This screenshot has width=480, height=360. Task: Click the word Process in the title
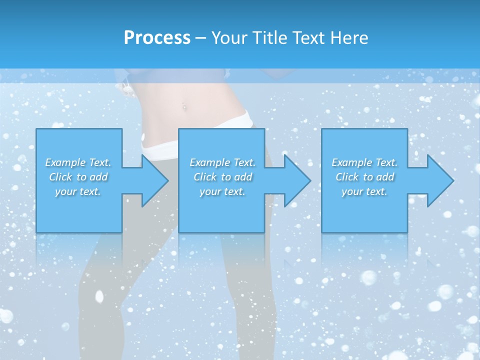157,38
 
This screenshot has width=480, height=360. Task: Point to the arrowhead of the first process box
152,180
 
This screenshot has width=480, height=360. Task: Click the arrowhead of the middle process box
295,180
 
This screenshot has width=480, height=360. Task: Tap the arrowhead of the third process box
438,180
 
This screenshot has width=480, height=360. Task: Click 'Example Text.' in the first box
78,162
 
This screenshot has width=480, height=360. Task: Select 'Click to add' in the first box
78,177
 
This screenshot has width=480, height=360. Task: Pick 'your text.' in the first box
78,191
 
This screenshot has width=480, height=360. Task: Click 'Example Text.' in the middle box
222,162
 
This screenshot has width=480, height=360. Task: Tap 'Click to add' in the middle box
222,177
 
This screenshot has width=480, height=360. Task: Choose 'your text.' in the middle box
222,191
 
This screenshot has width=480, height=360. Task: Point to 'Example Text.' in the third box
364,162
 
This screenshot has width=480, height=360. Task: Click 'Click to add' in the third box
364,177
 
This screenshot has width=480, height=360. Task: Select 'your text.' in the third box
364,191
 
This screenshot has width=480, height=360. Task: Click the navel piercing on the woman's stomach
184,106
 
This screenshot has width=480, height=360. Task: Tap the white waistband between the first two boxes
160,146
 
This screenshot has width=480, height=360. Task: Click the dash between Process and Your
200,38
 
